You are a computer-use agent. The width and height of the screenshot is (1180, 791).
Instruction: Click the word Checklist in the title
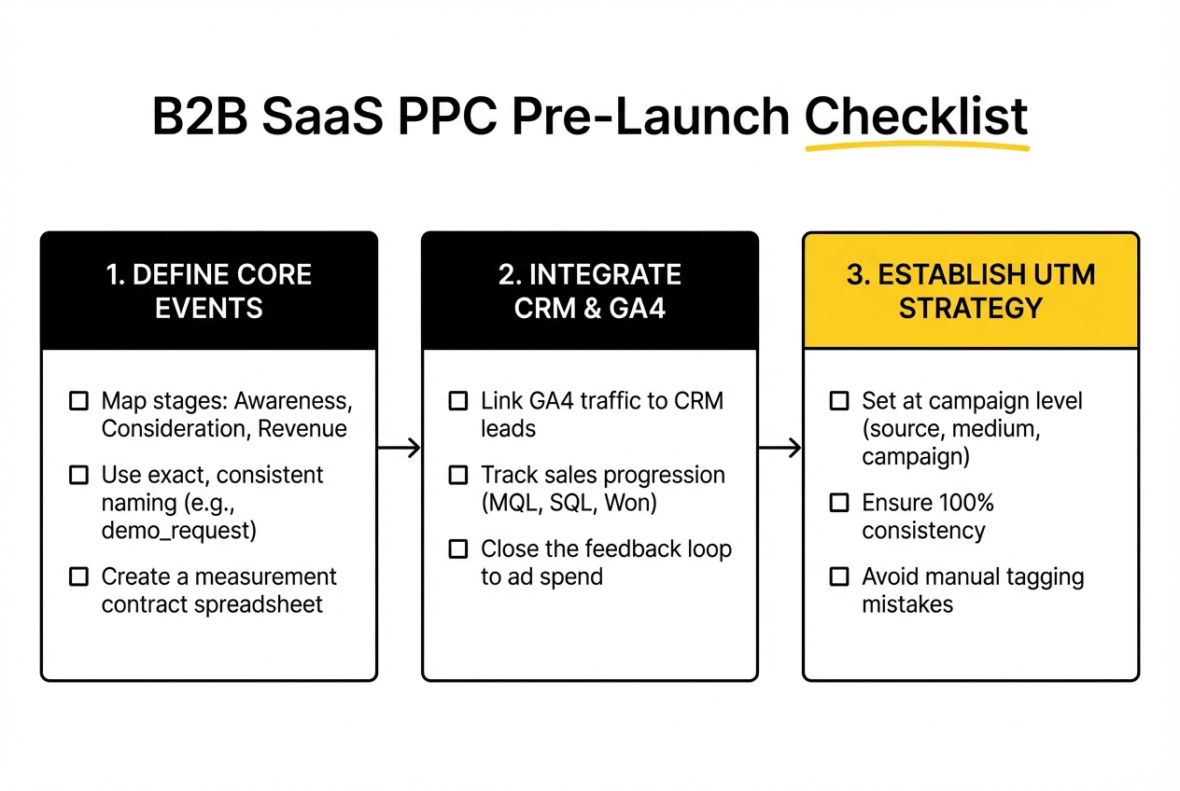point(916,117)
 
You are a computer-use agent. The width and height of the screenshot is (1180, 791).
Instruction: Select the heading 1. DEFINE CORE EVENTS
point(209,291)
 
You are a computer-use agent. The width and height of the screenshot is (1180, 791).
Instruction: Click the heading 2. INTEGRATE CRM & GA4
point(590,291)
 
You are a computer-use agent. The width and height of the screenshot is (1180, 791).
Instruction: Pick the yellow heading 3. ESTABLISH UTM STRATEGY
point(970,291)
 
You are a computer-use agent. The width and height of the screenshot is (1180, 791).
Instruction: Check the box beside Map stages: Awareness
point(79,401)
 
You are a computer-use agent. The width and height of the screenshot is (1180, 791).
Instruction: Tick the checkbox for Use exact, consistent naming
point(79,475)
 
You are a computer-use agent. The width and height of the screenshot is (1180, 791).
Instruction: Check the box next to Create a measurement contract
point(79,576)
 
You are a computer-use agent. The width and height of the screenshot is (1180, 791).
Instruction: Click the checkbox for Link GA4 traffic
point(458,401)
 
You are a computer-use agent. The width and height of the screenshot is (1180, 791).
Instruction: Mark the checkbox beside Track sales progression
point(458,475)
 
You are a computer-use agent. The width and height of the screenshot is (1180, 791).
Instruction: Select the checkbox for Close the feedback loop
point(458,549)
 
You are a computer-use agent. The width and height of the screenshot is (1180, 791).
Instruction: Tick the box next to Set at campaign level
point(839,401)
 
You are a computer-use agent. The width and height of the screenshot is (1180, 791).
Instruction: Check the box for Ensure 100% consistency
point(839,504)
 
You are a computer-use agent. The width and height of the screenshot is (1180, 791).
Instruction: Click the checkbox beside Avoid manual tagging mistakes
point(839,576)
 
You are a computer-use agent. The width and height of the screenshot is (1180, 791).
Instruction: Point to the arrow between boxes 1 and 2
point(400,449)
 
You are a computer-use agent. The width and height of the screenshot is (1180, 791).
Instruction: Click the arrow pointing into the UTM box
point(780,449)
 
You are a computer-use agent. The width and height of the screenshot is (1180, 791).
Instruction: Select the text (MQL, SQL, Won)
point(569,504)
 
